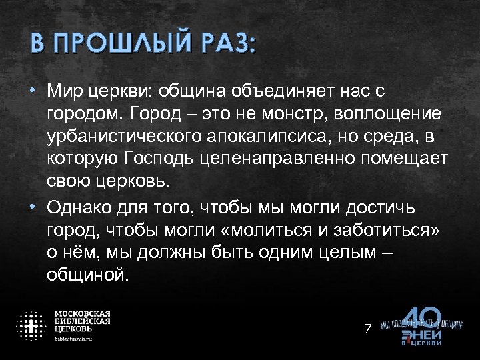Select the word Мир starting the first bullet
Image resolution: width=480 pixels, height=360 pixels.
[x=65, y=89]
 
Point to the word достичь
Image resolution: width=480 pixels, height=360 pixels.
[x=381, y=208]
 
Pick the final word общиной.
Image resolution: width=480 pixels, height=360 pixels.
[x=85, y=275]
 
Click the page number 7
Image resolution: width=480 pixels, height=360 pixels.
[x=367, y=328]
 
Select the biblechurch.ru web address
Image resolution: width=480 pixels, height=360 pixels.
[x=73, y=339]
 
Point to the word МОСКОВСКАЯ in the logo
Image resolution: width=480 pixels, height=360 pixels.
[x=82, y=313]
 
